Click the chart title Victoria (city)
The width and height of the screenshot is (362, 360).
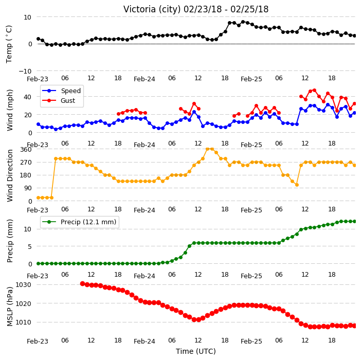152,9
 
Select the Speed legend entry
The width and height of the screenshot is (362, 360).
61,91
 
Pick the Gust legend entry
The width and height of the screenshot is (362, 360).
59,101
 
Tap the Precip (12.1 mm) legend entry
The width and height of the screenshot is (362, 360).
79,222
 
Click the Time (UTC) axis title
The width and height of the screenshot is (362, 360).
196,351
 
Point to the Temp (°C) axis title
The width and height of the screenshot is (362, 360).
9,44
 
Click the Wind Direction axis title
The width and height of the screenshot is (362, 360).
10,176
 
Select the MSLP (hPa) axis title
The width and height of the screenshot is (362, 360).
10,307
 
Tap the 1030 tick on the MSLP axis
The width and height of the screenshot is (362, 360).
23,284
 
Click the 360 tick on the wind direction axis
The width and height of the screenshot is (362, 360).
26,150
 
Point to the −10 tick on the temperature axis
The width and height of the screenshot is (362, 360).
25,71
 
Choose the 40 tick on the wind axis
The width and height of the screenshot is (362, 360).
27,97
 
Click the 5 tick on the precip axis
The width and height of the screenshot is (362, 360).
30,247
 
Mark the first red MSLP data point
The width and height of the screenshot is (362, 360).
82,283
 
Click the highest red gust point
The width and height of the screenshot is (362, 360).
314,91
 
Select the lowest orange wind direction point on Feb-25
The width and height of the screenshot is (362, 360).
297,185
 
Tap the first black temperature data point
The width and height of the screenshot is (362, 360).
39,39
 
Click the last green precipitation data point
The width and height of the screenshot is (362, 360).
354,222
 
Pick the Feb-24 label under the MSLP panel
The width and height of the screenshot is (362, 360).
144,341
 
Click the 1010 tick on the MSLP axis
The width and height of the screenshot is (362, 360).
23,322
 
